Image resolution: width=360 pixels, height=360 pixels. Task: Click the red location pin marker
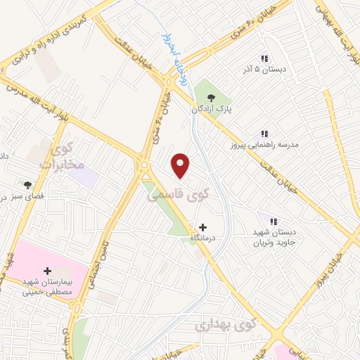click(x=181, y=165)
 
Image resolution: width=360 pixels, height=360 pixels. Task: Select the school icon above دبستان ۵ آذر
click(x=264, y=58)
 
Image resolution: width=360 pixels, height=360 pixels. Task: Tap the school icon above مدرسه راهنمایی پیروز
click(x=264, y=132)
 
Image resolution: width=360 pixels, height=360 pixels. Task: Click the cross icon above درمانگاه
click(x=203, y=227)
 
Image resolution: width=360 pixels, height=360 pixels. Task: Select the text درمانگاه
click(x=202, y=238)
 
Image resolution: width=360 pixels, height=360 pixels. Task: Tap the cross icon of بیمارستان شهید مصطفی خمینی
click(x=48, y=270)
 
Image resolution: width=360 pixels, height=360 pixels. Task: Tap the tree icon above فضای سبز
click(x=27, y=185)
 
